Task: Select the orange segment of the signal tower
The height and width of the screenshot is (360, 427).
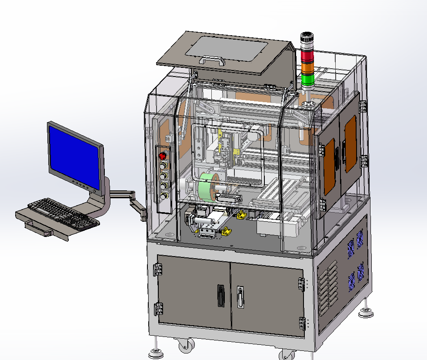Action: [x=307, y=68]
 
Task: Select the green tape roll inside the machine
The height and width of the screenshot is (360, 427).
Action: [x=204, y=187]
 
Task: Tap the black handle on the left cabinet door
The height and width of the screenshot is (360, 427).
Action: [x=221, y=296]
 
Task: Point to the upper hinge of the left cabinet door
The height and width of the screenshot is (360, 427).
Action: [x=157, y=270]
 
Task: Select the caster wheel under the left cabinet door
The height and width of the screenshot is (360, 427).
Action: [x=186, y=346]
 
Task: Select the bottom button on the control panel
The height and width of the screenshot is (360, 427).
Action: [x=164, y=197]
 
